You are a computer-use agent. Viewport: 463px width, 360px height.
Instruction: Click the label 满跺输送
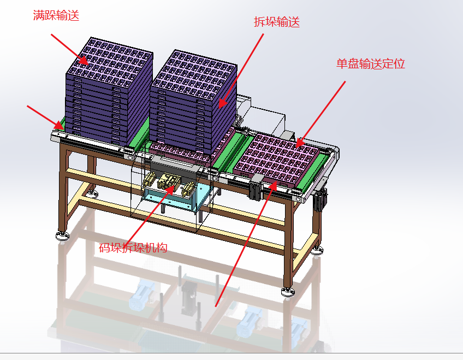click(x=56, y=16)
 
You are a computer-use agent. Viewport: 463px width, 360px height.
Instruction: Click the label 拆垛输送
click(x=277, y=22)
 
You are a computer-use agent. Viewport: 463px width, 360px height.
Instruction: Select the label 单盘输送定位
click(x=371, y=64)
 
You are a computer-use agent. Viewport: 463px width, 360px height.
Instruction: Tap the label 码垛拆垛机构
click(x=133, y=247)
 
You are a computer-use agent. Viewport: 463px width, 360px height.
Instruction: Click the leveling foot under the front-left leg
click(x=62, y=235)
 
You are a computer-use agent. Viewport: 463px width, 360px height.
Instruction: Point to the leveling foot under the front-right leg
click(x=287, y=291)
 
